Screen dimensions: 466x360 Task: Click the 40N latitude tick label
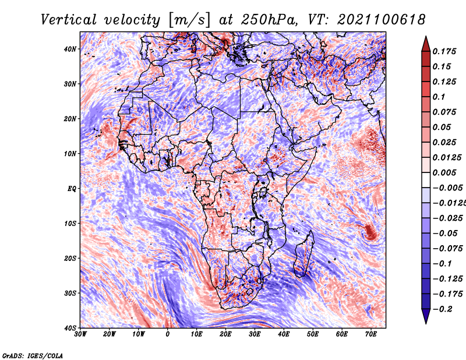click(70, 49)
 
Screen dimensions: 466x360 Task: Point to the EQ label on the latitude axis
click(72, 189)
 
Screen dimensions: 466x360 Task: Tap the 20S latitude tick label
click(70, 258)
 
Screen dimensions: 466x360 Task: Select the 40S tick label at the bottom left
click(70, 328)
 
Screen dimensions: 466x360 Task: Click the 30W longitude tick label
click(80, 334)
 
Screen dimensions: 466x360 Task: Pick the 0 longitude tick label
click(168, 334)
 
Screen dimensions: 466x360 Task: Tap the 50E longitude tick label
click(313, 334)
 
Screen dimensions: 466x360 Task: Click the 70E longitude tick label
click(371, 334)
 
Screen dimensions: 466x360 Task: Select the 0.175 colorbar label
click(444, 51)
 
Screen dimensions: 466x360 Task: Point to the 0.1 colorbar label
click(439, 97)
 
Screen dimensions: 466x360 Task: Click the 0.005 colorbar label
click(444, 172)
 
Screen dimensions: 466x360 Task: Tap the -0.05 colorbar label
click(445, 234)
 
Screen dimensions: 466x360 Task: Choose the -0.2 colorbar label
click(442, 309)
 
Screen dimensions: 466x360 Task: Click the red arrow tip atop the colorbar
click(426, 37)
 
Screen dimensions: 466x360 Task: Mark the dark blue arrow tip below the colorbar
click(426, 323)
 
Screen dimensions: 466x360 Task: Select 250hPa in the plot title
click(269, 20)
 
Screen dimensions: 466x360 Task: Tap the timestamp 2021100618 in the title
click(382, 20)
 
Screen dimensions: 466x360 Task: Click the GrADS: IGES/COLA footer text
click(33, 356)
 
